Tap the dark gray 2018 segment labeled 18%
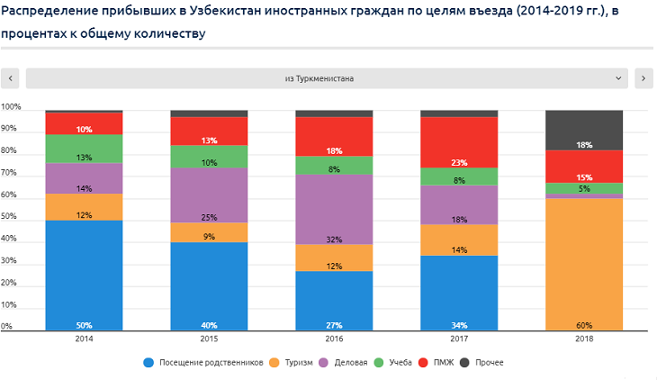coord(584,130)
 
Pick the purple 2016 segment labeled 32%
coord(334,209)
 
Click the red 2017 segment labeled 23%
coord(459,142)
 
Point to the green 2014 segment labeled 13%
coord(84,149)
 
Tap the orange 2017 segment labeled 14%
coord(459,240)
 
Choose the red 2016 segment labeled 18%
coord(334,136)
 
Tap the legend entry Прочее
coord(483,362)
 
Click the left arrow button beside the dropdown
coord(11,78)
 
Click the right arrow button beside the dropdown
coord(643,78)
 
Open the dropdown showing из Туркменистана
coord(327,78)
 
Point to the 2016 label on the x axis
coord(334,340)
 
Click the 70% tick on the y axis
coord(11,173)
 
